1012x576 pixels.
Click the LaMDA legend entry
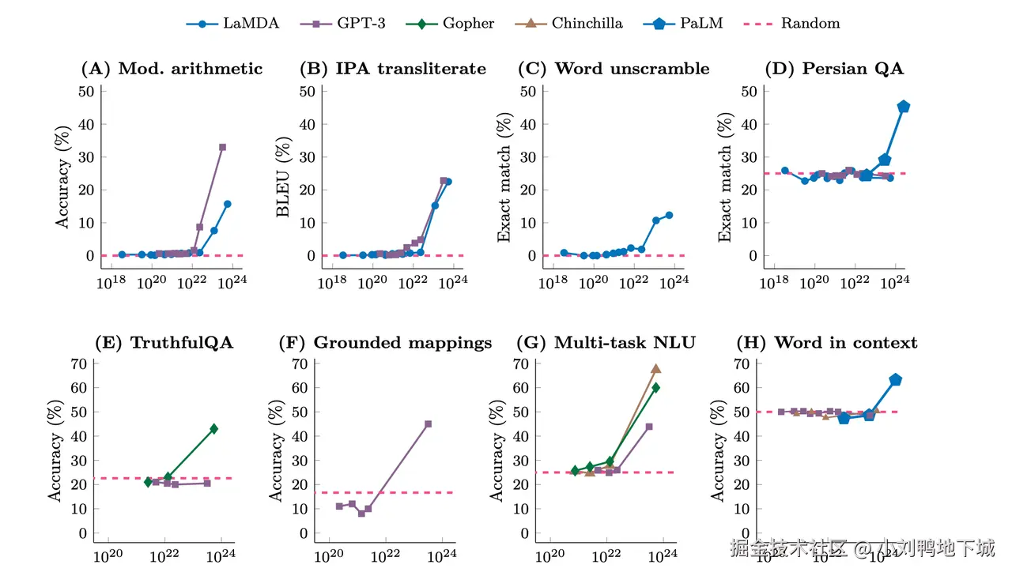pyautogui.click(x=232, y=24)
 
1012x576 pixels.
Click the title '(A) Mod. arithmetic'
pyautogui.click(x=172, y=69)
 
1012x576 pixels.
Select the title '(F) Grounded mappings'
pyautogui.click(x=386, y=343)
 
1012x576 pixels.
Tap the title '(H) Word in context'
pyautogui.click(x=827, y=343)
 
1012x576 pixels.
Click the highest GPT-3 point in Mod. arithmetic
pyautogui.click(x=223, y=147)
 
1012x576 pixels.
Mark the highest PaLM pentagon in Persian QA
pyautogui.click(x=904, y=107)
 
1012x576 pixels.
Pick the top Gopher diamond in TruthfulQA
pyautogui.click(x=213, y=429)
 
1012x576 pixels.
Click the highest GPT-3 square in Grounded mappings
pyautogui.click(x=429, y=424)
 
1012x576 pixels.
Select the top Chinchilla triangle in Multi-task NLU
pyautogui.click(x=655, y=369)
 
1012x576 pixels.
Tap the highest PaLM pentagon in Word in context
pyautogui.click(x=896, y=380)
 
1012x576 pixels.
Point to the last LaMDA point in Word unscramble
pyautogui.click(x=669, y=215)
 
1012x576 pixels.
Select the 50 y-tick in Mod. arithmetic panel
pyautogui.click(x=86, y=91)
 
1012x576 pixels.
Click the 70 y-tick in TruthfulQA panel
pyautogui.click(x=78, y=363)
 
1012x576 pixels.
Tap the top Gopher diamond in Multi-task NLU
pyautogui.click(x=655, y=387)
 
